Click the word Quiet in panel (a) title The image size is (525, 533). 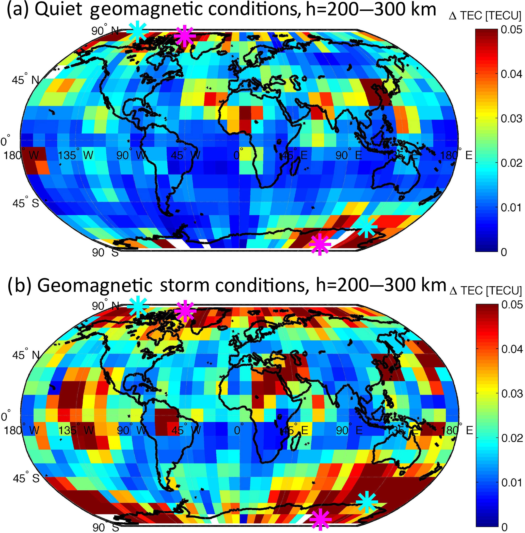tap(58, 10)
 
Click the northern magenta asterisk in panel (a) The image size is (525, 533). tap(185, 36)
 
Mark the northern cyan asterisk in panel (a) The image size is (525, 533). tap(137, 31)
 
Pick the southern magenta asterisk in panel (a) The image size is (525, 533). tap(320, 244)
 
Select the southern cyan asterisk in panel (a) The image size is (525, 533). tap(366, 228)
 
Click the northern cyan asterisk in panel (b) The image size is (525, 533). tap(138, 306)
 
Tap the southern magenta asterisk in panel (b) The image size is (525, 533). tap(320, 519)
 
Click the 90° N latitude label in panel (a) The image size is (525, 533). tap(105, 31)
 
